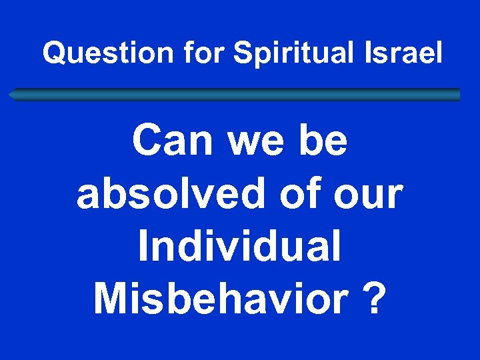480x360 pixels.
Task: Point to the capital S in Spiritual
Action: click(x=242, y=53)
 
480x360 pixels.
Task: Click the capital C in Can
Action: click(x=146, y=141)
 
